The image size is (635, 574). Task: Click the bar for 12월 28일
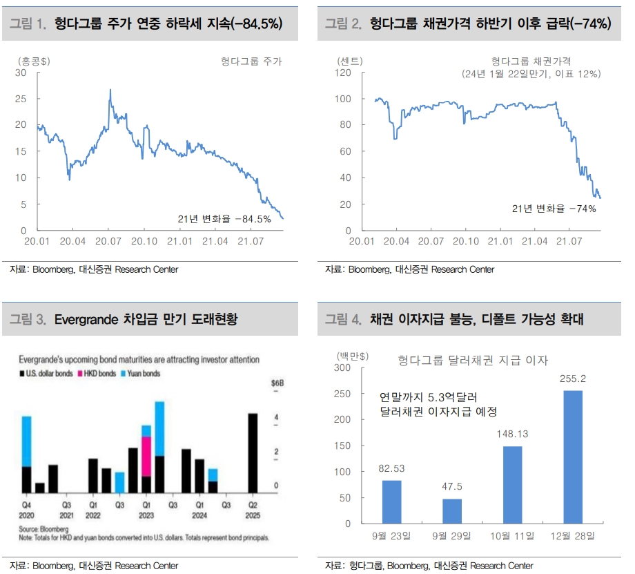pos(573,457)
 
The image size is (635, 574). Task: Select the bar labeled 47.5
pos(452,510)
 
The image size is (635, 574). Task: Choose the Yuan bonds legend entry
pos(144,374)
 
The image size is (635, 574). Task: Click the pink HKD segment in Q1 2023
pos(146,456)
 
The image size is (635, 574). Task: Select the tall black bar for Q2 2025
pos(253,452)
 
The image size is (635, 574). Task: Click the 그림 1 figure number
pos(27,24)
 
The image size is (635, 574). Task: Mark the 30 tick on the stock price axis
pos(20,72)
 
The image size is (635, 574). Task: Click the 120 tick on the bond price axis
pos(343,72)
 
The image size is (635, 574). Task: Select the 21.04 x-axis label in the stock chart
pos(215,242)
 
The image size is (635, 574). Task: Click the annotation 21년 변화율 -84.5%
pos(224,219)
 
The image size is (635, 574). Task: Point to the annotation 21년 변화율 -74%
pos(554,208)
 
